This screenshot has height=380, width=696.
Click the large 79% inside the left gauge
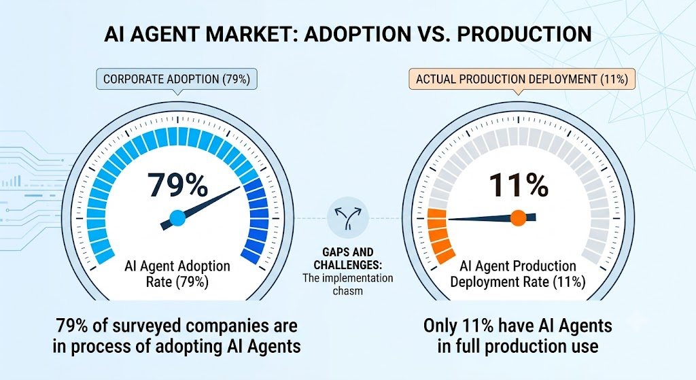pyautogui.click(x=177, y=185)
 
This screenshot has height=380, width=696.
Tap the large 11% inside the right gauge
pyautogui.click(x=519, y=185)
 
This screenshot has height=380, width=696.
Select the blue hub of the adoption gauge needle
pyautogui.click(x=177, y=218)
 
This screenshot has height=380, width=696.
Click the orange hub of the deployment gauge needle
pyautogui.click(x=518, y=218)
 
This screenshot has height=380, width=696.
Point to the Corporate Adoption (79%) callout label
pyautogui.click(x=177, y=80)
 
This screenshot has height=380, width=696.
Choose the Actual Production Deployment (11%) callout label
pyautogui.click(x=522, y=80)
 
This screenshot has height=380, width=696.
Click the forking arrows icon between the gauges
pyautogui.click(x=347, y=218)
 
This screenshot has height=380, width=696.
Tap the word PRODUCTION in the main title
pyautogui.click(x=524, y=34)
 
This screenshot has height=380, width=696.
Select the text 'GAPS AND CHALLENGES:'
pyautogui.click(x=347, y=259)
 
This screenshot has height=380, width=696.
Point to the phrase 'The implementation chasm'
pyautogui.click(x=347, y=285)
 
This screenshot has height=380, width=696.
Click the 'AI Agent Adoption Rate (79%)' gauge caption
pyautogui.click(x=177, y=274)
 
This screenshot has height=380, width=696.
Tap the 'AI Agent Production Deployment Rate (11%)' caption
pyautogui.click(x=517, y=274)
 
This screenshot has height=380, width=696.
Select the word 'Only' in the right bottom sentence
pyautogui.click(x=440, y=326)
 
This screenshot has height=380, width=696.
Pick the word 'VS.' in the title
pyautogui.click(x=430, y=34)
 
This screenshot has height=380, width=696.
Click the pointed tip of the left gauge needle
pyautogui.click(x=240, y=187)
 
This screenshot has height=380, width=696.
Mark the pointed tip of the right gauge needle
pyautogui.click(x=449, y=219)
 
